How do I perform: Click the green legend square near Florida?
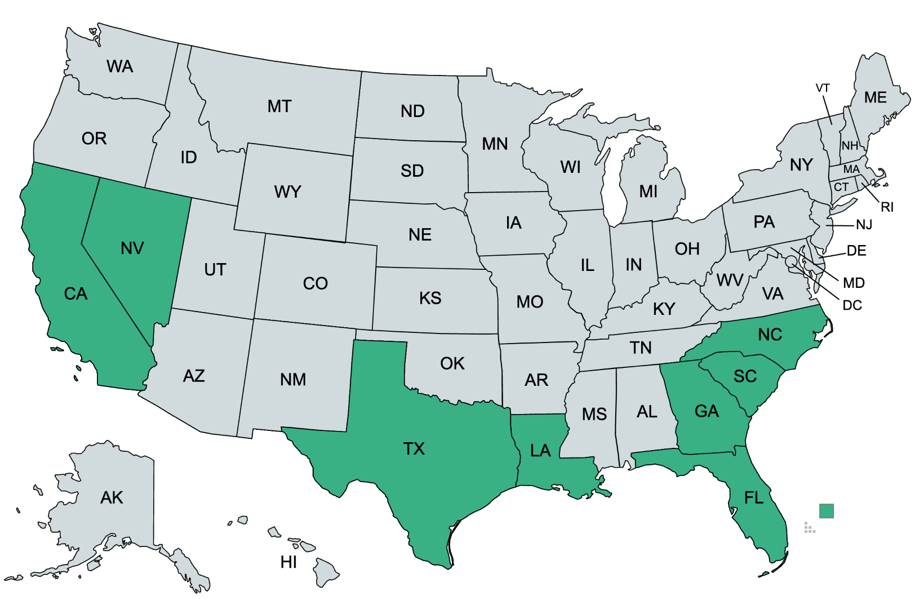point(826,511)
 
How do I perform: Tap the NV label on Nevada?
point(132,248)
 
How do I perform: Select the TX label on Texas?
point(414,448)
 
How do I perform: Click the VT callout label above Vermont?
point(823,88)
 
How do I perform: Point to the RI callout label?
point(887,207)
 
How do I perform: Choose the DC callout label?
point(852,305)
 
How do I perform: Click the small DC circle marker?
point(791,261)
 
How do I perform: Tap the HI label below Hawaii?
point(288,562)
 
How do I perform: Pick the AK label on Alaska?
point(112,497)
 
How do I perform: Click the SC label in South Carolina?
point(745,376)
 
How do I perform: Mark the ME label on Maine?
point(876,97)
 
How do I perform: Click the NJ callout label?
point(864,225)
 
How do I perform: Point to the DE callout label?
point(856,251)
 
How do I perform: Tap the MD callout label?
point(854,283)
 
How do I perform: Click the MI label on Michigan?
point(648,192)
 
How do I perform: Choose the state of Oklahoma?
point(452,363)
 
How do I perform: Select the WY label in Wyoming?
point(288,192)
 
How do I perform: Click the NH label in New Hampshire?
point(850,145)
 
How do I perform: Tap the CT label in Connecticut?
point(841,187)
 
